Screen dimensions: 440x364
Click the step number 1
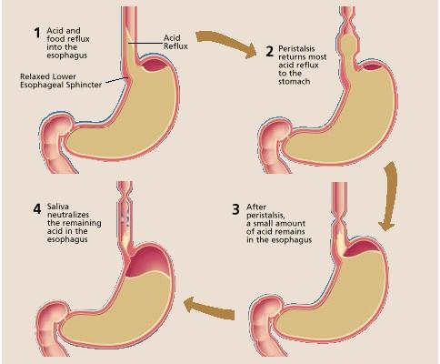point(37,33)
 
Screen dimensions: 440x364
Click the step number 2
point(269,51)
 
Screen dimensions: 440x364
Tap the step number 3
point(235,209)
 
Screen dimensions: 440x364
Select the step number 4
point(37,208)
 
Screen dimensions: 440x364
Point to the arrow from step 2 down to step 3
point(389,196)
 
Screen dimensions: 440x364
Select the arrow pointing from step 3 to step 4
point(209,308)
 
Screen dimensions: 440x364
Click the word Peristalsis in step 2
point(292,49)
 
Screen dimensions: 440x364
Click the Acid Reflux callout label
point(175,42)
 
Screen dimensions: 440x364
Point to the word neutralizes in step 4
point(68,215)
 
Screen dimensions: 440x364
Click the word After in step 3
point(256,207)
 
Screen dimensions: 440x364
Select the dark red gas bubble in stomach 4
point(147,261)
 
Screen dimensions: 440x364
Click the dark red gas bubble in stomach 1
point(155,65)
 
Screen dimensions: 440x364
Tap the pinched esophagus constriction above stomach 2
point(347,25)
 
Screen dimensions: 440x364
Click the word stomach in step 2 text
point(294,82)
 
